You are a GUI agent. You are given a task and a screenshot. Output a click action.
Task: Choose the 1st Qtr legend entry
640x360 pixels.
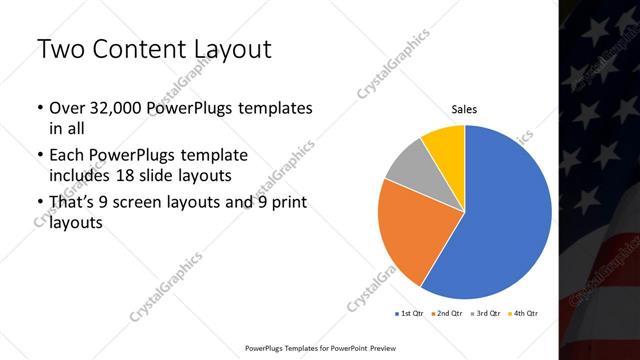click(x=410, y=314)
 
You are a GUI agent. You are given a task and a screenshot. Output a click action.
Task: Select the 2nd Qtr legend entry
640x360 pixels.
click(x=447, y=314)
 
